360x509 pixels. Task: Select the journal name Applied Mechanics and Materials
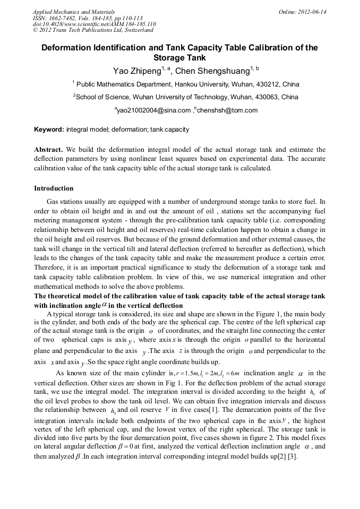click(x=67, y=12)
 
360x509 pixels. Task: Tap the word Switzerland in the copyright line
click(x=135, y=30)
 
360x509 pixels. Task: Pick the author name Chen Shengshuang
click(x=207, y=71)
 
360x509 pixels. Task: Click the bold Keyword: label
click(x=49, y=130)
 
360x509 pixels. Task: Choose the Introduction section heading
click(x=54, y=188)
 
